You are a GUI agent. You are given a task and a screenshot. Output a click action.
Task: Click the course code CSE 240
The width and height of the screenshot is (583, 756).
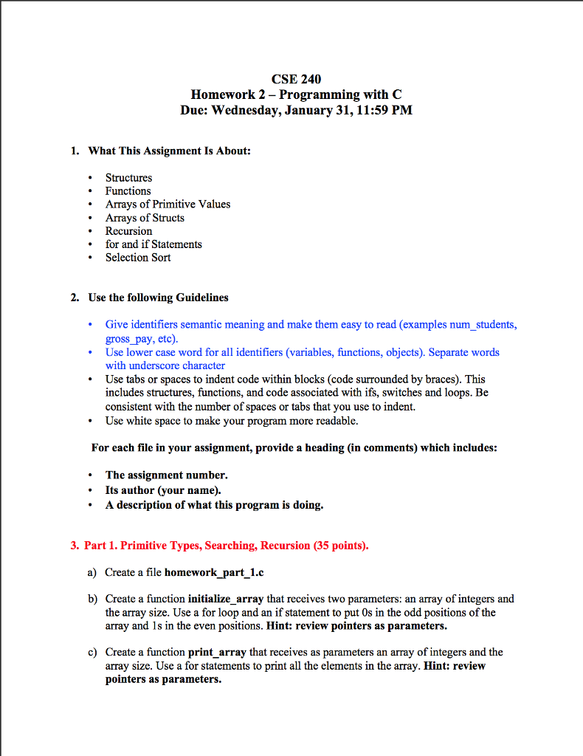click(x=296, y=79)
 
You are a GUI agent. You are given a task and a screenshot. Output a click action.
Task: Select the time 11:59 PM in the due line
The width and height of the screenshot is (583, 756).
click(x=385, y=110)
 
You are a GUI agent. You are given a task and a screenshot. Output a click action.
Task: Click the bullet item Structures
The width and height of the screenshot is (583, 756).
click(x=128, y=178)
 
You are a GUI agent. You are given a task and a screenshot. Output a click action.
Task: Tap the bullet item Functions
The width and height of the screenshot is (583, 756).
click(x=128, y=191)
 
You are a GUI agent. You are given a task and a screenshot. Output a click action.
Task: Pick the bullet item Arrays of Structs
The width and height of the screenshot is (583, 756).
click(x=145, y=218)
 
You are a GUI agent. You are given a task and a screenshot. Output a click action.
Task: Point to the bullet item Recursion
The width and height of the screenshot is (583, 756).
click(x=128, y=231)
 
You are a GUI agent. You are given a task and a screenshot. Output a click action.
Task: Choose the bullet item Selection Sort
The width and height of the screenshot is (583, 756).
click(x=138, y=258)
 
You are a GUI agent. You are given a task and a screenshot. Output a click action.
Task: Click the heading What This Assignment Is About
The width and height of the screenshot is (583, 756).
click(x=170, y=151)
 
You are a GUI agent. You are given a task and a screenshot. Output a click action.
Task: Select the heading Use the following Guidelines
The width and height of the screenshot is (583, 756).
click(x=158, y=298)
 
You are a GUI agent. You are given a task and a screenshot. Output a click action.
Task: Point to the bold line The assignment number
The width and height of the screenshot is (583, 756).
click(x=166, y=475)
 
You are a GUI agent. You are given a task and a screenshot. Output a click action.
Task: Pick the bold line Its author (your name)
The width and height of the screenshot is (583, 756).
click(x=163, y=490)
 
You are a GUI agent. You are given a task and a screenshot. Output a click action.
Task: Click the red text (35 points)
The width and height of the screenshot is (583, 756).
click(x=340, y=546)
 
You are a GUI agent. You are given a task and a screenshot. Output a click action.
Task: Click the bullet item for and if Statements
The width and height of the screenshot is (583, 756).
click(x=153, y=244)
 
